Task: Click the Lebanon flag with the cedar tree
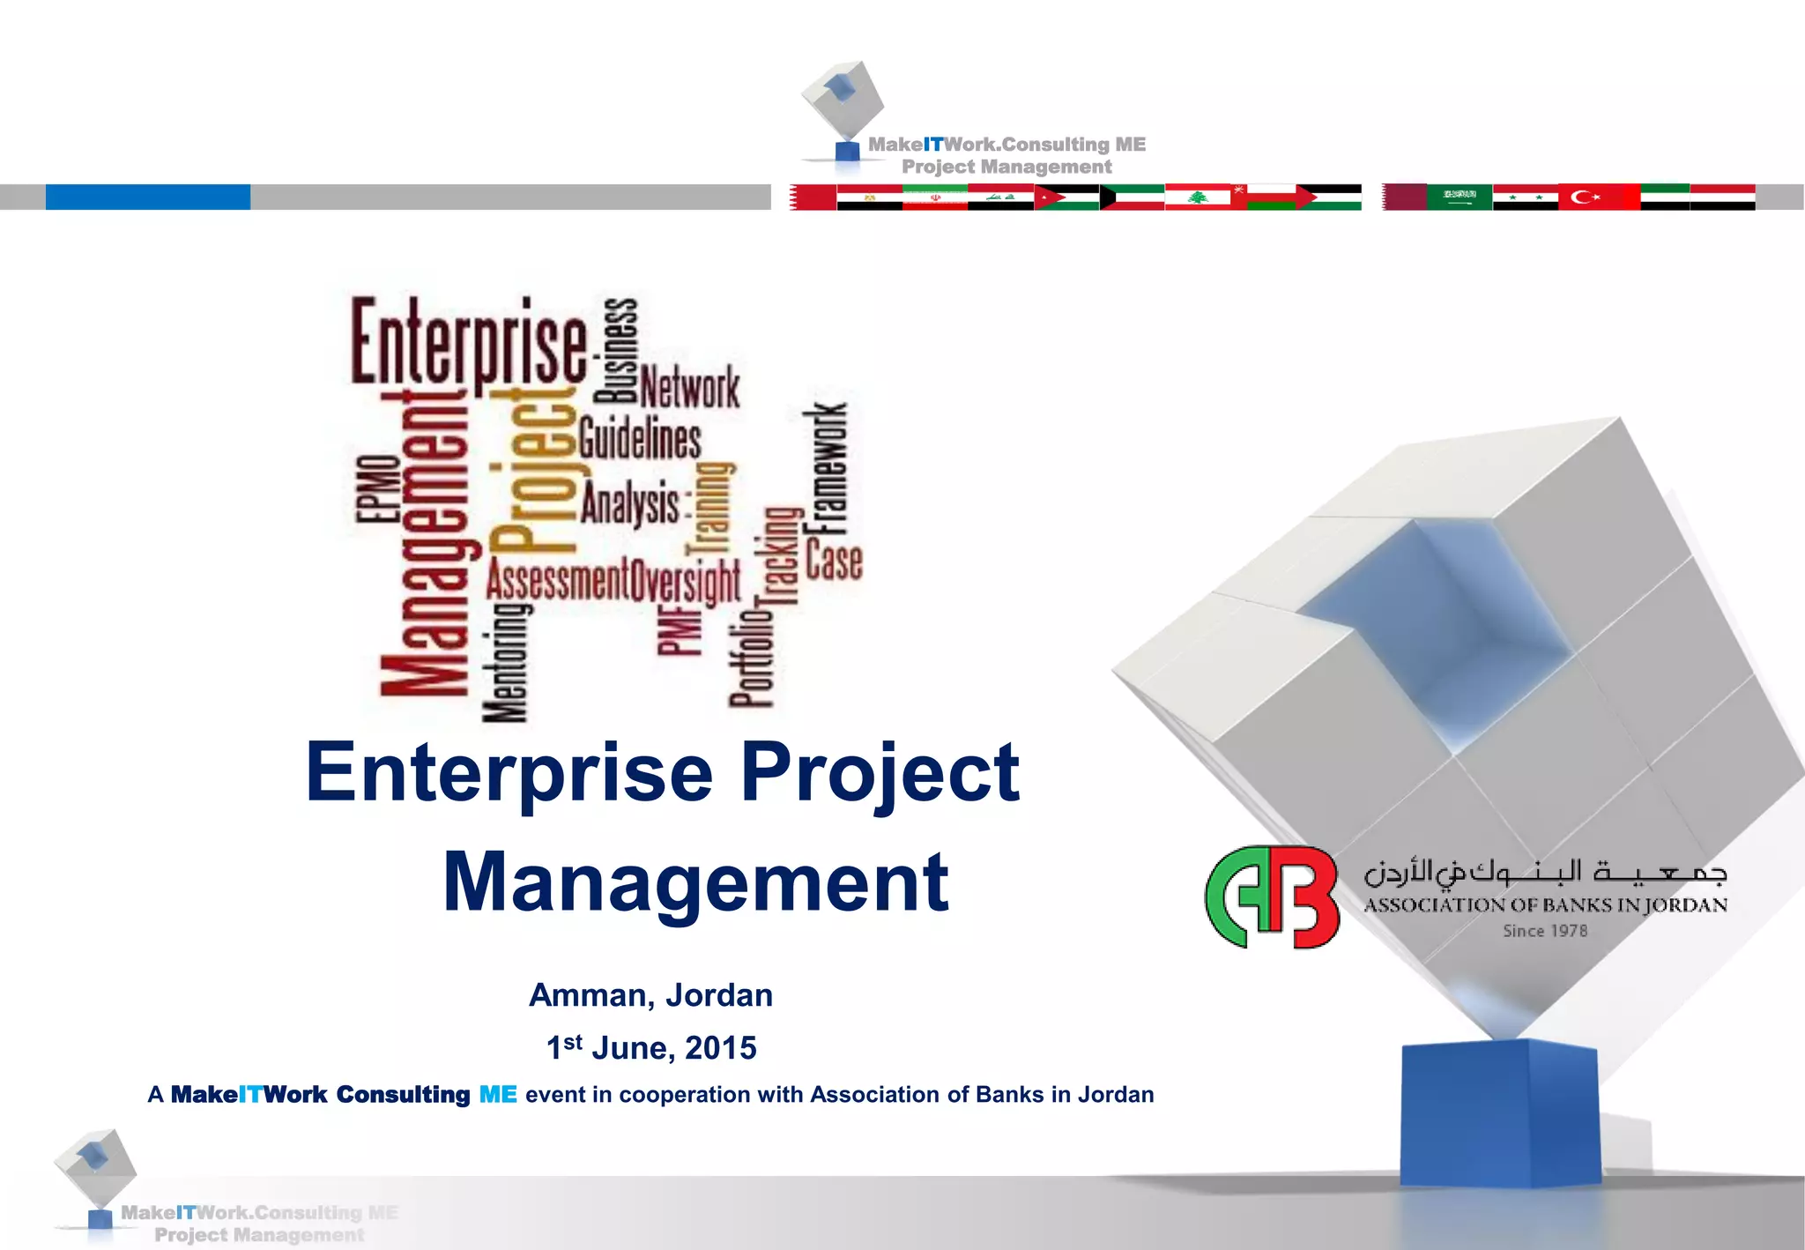pyautogui.click(x=1197, y=197)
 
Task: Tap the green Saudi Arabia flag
pyautogui.click(x=1459, y=197)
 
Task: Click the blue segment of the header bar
pyautogui.click(x=148, y=197)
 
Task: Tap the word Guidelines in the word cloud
pyautogui.click(x=640, y=439)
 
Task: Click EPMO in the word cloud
pyautogui.click(x=377, y=490)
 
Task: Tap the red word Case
pyautogui.click(x=834, y=562)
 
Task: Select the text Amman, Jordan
pyautogui.click(x=650, y=995)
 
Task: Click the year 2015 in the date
pyautogui.click(x=720, y=1048)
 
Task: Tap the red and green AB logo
pyautogui.click(x=1272, y=897)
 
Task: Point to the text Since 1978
pyautogui.click(x=1544, y=931)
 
